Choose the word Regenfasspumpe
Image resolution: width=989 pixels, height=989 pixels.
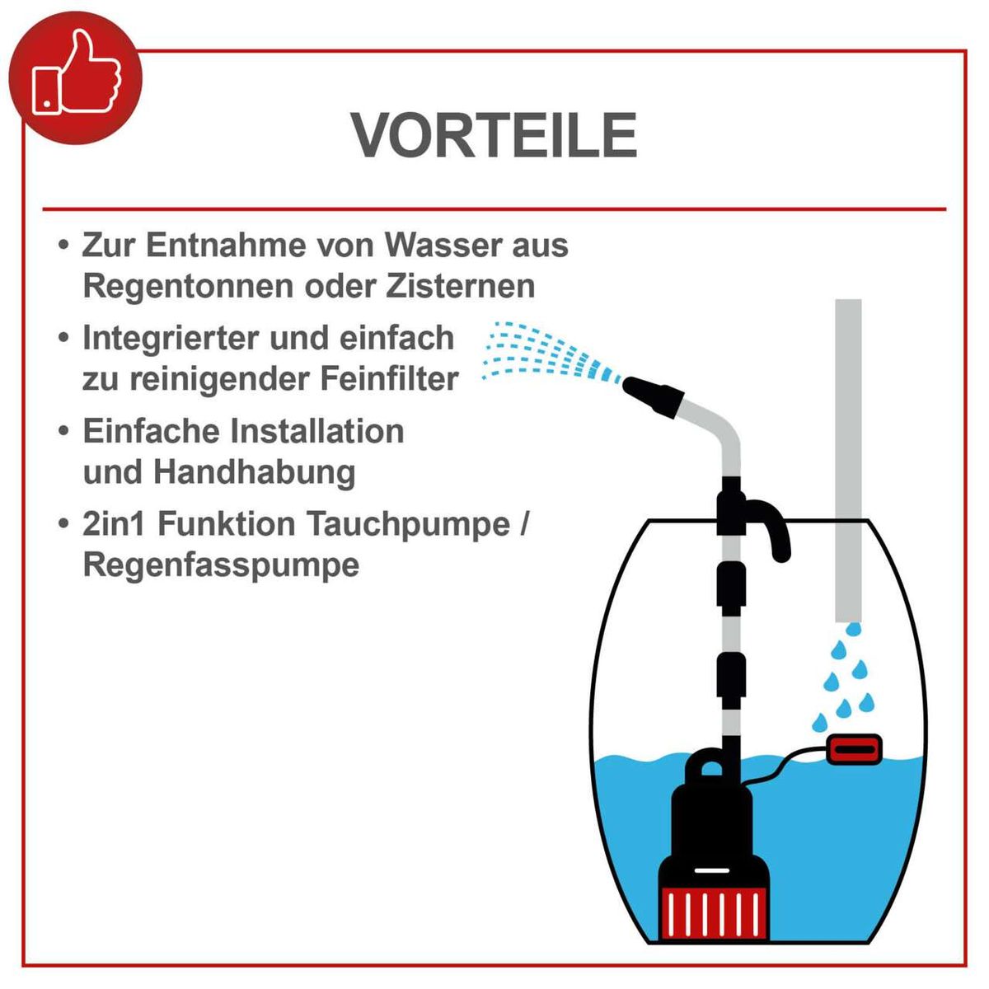pos(221,565)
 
